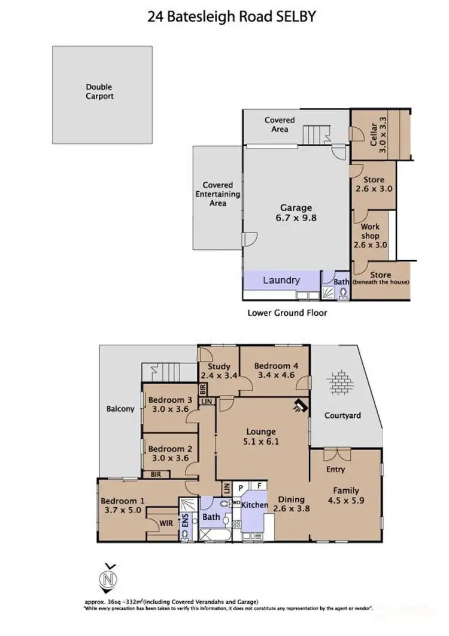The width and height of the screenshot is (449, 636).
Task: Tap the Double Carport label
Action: tap(99, 92)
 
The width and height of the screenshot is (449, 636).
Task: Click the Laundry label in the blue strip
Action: tap(281, 280)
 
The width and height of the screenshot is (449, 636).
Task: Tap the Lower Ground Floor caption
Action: tap(287, 312)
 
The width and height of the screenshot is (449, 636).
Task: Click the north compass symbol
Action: tap(107, 578)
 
